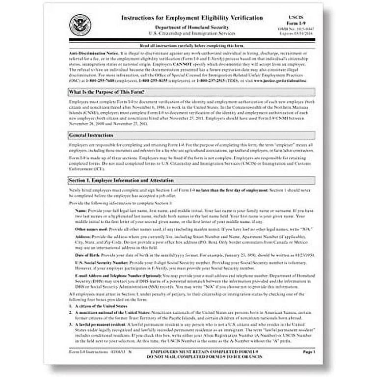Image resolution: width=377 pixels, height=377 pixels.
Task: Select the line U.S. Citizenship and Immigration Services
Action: pyautogui.click(x=188, y=33)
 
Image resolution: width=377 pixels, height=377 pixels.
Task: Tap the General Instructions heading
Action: pyautogui.click(x=91, y=135)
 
